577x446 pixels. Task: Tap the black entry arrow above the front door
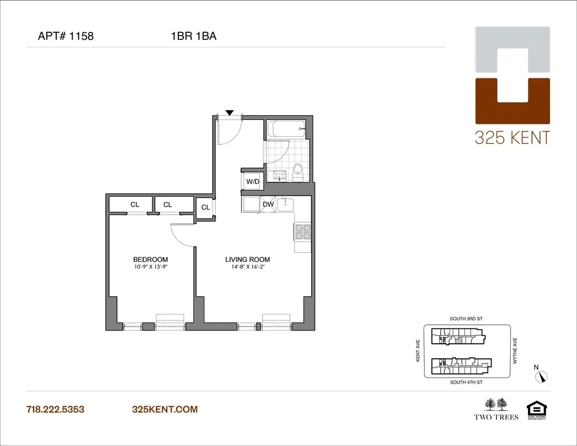pyautogui.click(x=230, y=113)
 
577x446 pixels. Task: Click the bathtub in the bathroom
pyautogui.click(x=286, y=130)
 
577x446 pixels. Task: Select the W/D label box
pyautogui.click(x=253, y=182)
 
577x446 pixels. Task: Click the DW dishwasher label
pyautogui.click(x=268, y=204)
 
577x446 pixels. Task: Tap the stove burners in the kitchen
pyautogui.click(x=303, y=231)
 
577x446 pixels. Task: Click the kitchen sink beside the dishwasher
pyautogui.click(x=286, y=204)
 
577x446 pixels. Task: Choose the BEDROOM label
pyautogui.click(x=150, y=260)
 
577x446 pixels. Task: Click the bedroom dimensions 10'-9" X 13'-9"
pyautogui.click(x=150, y=267)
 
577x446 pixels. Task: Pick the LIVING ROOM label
pyautogui.click(x=248, y=260)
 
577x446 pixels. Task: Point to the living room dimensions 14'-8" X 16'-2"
pyautogui.click(x=248, y=267)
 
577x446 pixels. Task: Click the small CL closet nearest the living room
pyautogui.click(x=205, y=208)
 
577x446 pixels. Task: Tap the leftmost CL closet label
pyautogui.click(x=134, y=204)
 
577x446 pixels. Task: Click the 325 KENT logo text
pyautogui.click(x=512, y=138)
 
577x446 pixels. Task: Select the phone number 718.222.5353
pyautogui.click(x=55, y=410)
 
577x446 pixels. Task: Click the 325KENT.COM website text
pyautogui.click(x=165, y=410)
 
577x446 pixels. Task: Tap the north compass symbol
pyautogui.click(x=541, y=376)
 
